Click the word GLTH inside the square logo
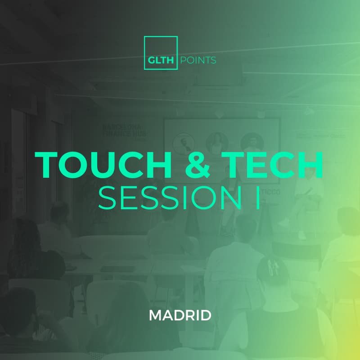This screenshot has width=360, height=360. pos(161,60)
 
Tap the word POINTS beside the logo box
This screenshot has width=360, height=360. pos(198,60)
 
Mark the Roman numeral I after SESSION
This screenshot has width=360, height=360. pos(257,198)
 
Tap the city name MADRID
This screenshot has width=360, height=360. pos(180,315)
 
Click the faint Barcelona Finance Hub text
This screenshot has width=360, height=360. pos(122,130)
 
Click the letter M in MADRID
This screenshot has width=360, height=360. pos(155,315)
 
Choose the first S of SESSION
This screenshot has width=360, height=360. pos(107,198)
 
